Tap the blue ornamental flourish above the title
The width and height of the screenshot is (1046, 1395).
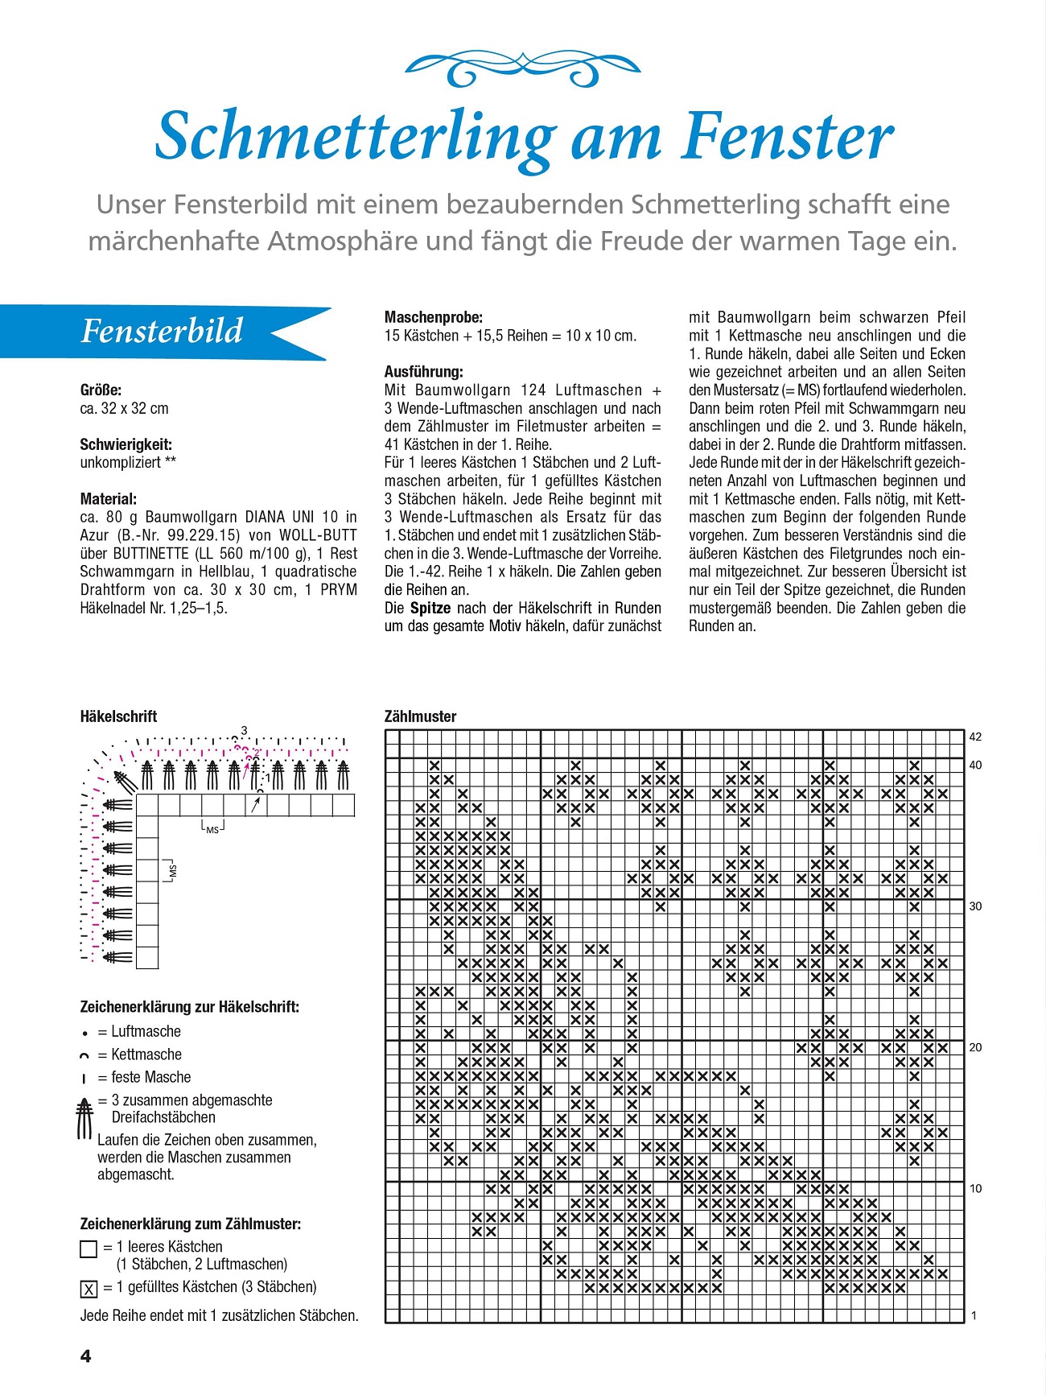coord(523,68)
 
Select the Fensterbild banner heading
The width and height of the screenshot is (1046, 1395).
coord(162,331)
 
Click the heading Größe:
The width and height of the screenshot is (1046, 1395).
coord(101,390)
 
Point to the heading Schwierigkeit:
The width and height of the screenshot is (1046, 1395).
coord(126,444)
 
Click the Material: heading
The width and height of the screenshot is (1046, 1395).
coord(109,499)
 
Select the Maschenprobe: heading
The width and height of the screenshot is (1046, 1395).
coord(434,317)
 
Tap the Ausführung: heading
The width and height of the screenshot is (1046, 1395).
coord(424,372)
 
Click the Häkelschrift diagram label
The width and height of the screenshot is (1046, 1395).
coord(118,716)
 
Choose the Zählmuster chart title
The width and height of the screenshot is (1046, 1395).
coord(420,716)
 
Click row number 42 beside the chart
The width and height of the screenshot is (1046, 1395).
coord(975,737)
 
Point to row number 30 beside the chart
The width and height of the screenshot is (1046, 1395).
coord(975,906)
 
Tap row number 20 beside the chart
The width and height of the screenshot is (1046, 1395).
coord(975,1047)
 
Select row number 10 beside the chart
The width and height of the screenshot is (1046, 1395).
coord(975,1189)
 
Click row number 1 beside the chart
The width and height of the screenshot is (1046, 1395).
coord(974,1316)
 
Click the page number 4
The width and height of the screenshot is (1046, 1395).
coord(86,1356)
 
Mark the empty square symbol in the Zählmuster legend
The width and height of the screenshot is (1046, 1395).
coord(89,1248)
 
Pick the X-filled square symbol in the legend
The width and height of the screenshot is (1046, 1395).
coord(89,1289)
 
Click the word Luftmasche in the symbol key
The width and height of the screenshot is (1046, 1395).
coord(146,1032)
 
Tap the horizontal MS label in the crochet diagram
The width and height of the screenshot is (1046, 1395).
coord(212,829)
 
